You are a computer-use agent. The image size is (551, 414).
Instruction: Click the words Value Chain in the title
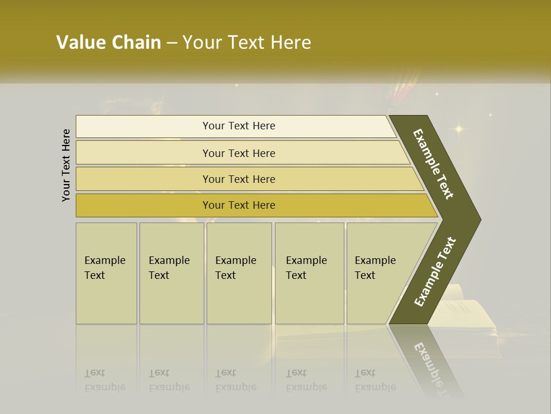click(108, 43)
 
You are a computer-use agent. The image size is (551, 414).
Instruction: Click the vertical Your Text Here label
click(67, 165)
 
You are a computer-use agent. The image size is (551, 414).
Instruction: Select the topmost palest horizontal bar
click(238, 126)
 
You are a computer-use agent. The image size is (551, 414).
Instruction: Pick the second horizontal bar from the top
click(238, 153)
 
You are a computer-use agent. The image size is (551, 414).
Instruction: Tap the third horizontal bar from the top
click(238, 179)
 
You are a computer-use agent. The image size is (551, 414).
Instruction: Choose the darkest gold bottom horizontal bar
click(238, 205)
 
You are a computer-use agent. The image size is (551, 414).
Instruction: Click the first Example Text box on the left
click(106, 273)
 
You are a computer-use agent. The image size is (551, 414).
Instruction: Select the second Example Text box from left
click(171, 273)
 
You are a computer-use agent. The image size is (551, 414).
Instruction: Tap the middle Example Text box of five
click(239, 273)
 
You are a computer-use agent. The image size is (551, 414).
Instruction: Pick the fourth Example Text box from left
click(309, 273)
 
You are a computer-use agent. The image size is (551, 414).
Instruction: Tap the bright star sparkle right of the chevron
click(458, 129)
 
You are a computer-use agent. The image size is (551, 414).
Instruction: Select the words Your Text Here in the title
click(247, 43)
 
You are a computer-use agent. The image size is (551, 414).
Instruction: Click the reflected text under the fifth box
click(375, 380)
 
